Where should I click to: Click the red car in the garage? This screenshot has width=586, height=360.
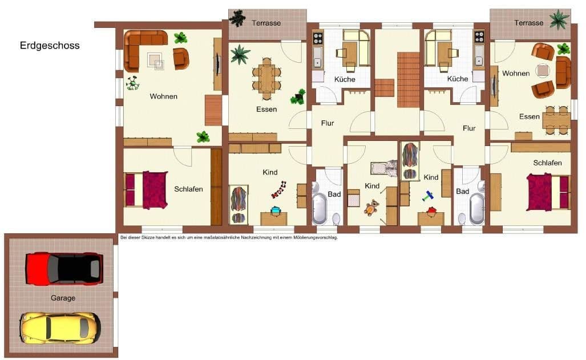[x=64, y=268]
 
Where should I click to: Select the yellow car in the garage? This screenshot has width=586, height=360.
[x=60, y=327]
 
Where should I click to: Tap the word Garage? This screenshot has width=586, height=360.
[x=62, y=298]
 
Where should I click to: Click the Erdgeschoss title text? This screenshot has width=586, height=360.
[x=50, y=46]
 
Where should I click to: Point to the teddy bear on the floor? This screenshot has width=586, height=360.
[x=371, y=208]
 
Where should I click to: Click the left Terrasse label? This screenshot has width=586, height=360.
[x=266, y=23]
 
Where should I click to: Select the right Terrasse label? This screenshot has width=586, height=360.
[x=528, y=23]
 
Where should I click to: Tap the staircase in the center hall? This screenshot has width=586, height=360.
[x=408, y=79]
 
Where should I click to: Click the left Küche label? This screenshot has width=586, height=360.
[x=345, y=79]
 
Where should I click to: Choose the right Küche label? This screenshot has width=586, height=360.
[x=458, y=79]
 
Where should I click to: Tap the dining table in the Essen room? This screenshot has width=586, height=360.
[x=266, y=78]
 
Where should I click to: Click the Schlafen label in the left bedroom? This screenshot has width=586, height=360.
[x=189, y=189]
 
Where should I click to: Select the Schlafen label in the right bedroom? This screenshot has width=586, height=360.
[x=547, y=163]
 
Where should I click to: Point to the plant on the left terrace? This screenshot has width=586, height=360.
[x=237, y=18]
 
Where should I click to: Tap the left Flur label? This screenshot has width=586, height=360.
[x=328, y=123]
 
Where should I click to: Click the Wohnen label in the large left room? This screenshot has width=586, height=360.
[x=164, y=96]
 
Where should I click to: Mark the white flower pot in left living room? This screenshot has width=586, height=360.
[x=133, y=83]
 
